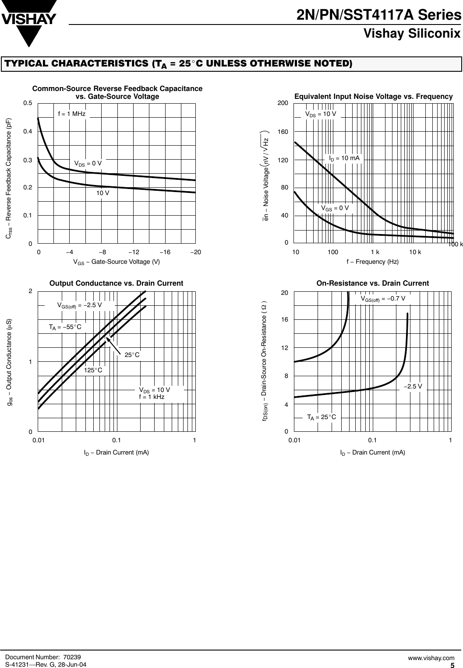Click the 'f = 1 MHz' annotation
(x=72, y=114)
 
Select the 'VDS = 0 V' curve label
(x=88, y=163)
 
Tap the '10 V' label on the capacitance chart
(x=103, y=192)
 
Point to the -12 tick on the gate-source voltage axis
(x=134, y=252)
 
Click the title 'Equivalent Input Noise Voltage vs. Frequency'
(x=373, y=96)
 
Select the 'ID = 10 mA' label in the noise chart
(x=344, y=158)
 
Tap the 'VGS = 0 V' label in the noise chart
(x=335, y=208)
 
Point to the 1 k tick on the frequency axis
(x=375, y=252)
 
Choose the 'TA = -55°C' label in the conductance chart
(x=65, y=327)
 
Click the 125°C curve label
(x=93, y=370)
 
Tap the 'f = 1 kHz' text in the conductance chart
(x=152, y=397)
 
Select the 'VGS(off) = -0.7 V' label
(x=383, y=298)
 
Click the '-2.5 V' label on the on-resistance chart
(x=413, y=386)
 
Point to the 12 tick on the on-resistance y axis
(x=285, y=348)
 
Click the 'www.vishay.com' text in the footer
(x=431, y=658)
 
